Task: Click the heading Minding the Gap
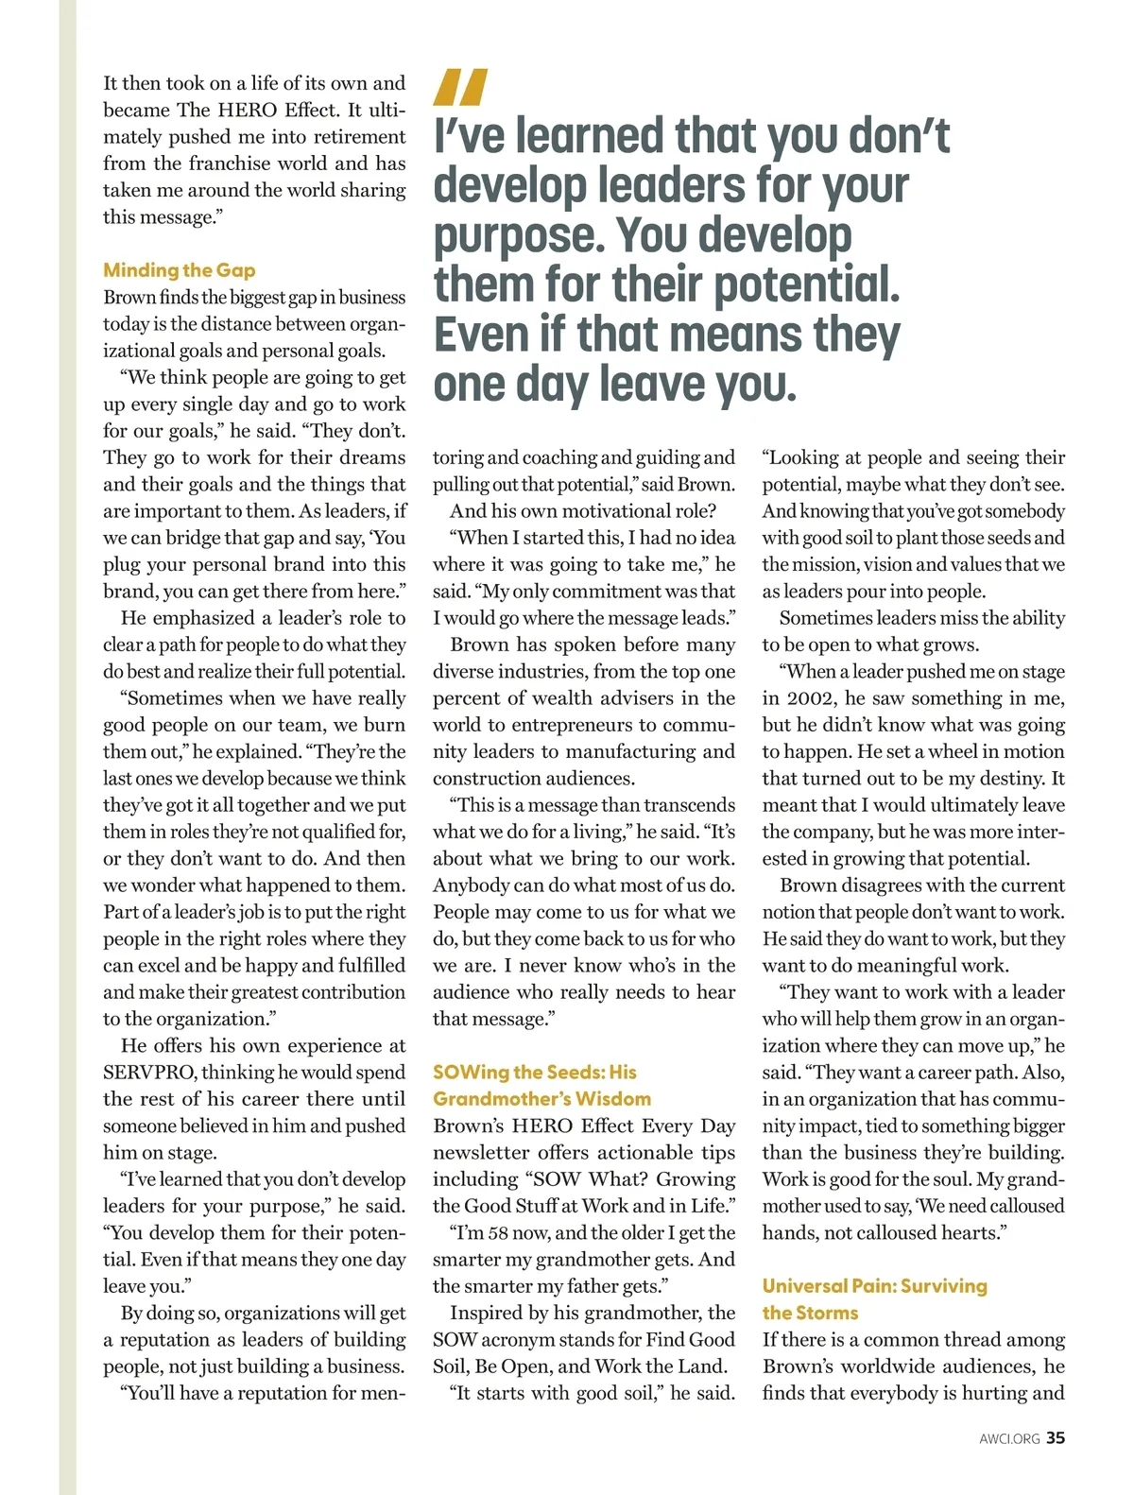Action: pyautogui.click(x=180, y=270)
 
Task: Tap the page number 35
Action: pyautogui.click(x=1056, y=1437)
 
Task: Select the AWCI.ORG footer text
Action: pyautogui.click(x=1009, y=1438)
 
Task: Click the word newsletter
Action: pyautogui.click(x=481, y=1153)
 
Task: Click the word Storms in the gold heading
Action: pyautogui.click(x=828, y=1313)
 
